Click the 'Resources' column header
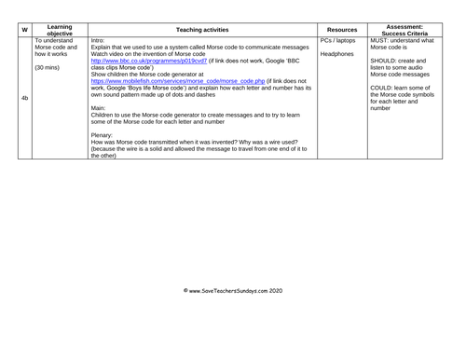(x=342, y=30)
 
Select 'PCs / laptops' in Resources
(x=340, y=42)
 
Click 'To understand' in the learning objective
(x=57, y=42)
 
